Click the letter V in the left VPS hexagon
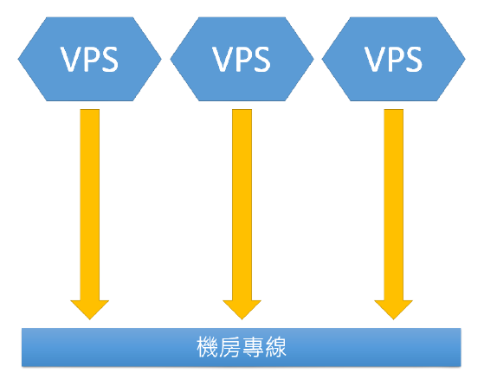click(x=71, y=59)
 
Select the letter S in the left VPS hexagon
click(x=110, y=59)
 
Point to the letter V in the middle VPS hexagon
click(x=223, y=59)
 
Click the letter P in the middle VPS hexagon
click(x=244, y=59)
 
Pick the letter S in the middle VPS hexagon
click(x=261, y=59)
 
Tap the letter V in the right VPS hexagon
click(x=375, y=59)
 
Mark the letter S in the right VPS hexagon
click(x=414, y=59)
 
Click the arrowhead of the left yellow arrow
click(x=90, y=309)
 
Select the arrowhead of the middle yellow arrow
click(x=242, y=309)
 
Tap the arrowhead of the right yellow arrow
click(x=394, y=309)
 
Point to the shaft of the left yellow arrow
click(x=90, y=204)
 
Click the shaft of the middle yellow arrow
click(x=242, y=204)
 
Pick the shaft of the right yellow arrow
click(x=394, y=204)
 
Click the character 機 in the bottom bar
click(x=208, y=347)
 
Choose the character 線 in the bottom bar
click(x=275, y=347)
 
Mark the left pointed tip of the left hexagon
click(x=18, y=59)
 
